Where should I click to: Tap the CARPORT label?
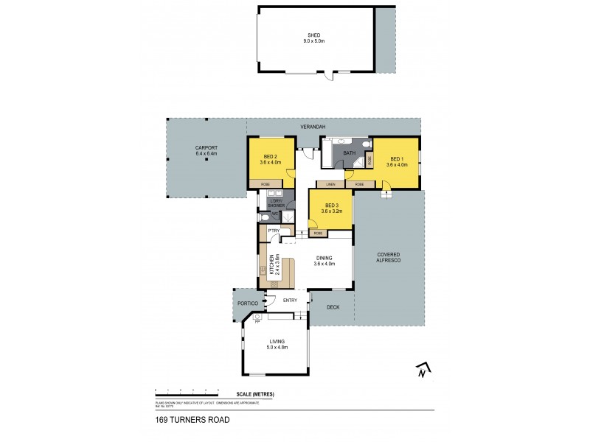206,148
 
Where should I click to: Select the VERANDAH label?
313,127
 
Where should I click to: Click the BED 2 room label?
269,156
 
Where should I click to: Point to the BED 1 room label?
396,159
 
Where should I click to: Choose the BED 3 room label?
330,206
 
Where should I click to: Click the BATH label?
350,153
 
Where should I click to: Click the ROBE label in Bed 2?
264,183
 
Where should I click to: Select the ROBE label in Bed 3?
318,234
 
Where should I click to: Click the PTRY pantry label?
273,231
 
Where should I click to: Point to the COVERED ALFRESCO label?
389,255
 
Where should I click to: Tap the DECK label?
333,307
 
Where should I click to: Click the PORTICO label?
246,304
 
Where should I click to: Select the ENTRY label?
289,300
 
